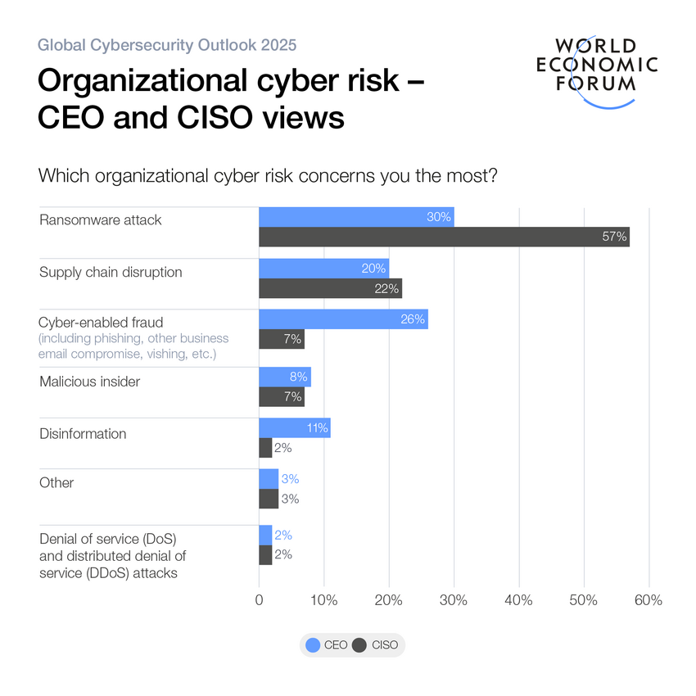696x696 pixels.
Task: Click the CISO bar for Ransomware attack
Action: pos(444,237)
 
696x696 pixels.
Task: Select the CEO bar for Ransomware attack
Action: pos(356,217)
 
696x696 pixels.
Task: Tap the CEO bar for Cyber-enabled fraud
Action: pos(343,319)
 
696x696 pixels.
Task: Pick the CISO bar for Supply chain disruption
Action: pos(330,288)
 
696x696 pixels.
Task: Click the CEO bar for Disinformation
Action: pos(294,427)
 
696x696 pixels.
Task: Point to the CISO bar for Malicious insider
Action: pos(281,396)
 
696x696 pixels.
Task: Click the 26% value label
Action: pos(414,319)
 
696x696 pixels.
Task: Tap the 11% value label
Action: pos(317,427)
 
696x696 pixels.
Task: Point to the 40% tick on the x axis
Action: pos(519,600)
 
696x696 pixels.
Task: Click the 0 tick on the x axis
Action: pos(259,600)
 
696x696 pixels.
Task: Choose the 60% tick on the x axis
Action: pos(649,600)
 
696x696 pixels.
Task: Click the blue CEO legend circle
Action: pos(313,645)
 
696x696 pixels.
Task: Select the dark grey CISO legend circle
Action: pos(359,645)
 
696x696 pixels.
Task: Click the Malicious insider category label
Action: pos(90,381)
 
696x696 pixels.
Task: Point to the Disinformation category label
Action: pos(83,434)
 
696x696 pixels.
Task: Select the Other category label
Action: pos(56,483)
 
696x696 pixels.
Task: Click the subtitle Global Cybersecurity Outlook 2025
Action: pos(168,44)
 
